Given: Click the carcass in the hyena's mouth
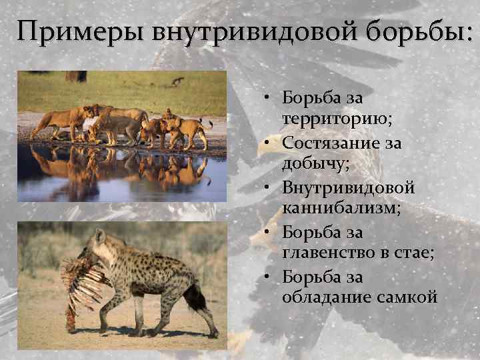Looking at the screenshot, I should point(80,280).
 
